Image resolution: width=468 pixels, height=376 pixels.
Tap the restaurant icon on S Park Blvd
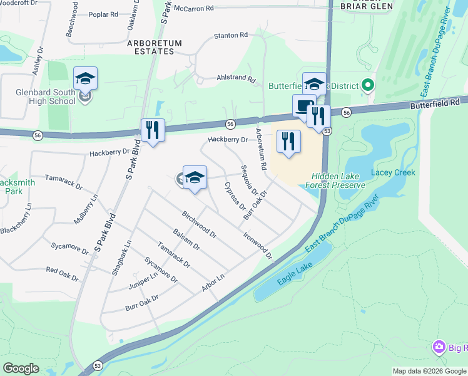click(153, 130)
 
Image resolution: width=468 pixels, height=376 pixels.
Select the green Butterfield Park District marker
click(368, 85)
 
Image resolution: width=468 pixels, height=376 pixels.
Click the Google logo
click(21, 368)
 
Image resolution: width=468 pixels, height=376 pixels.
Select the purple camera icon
click(439, 347)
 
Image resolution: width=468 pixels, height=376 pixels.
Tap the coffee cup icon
click(303, 105)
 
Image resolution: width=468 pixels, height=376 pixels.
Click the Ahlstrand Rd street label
click(236, 80)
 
